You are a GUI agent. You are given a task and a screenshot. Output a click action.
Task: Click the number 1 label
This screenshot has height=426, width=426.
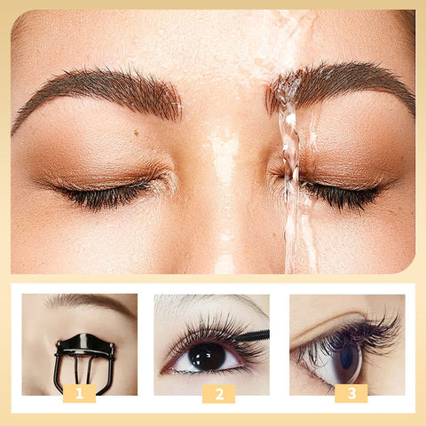point(80,393)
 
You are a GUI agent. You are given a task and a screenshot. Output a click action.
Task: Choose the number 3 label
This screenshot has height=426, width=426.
point(351,393)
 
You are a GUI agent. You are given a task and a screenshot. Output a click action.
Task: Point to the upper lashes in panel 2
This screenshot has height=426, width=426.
point(200,333)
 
